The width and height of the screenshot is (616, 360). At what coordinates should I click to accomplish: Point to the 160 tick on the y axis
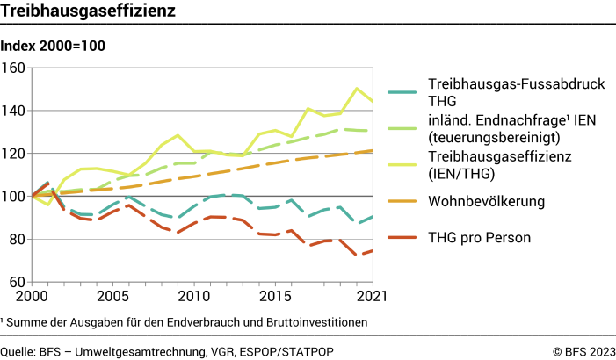pos(14,68)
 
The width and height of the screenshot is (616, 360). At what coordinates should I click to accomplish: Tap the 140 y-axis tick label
pos(14,111)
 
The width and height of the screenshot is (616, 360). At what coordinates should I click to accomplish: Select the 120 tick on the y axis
pos(14,154)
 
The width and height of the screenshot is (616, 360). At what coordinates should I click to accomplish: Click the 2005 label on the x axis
pos(109,297)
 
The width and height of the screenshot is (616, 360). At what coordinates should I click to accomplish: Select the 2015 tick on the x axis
pos(277,297)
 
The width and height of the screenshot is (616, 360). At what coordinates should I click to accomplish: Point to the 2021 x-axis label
pos(371,297)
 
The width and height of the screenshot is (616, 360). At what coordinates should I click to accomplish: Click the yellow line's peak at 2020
pos(357,88)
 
